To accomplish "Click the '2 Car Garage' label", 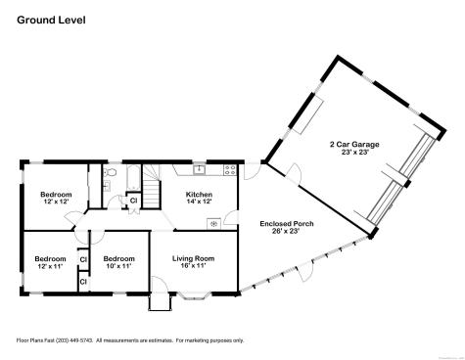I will click(354, 144).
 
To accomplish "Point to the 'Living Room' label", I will click(193, 258).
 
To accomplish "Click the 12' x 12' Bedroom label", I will click(56, 195).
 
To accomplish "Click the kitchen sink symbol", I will click(197, 169).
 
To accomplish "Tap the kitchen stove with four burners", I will click(229, 170).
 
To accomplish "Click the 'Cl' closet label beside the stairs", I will click(133, 201).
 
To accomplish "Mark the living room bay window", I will click(192, 293).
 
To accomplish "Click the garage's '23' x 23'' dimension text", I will click(354, 153).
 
